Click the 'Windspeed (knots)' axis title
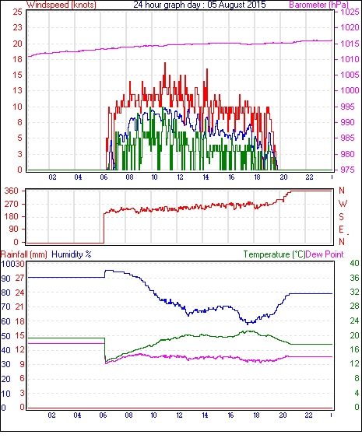tap(62, 5)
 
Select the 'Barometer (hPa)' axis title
tap(319, 5)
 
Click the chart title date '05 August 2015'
tap(237, 5)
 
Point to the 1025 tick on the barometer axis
tap(350, 12)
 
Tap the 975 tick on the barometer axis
tap(348, 170)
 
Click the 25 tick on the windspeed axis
tap(18, 12)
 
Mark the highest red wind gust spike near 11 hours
tap(165, 64)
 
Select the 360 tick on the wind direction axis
tap(12, 191)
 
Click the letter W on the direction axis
tap(343, 203)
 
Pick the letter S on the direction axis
tap(341, 216)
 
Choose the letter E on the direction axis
tap(341, 230)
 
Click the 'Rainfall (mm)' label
tap(24, 254)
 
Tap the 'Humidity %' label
tap(72, 254)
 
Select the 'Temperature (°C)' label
tap(274, 254)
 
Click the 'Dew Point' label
tap(325, 254)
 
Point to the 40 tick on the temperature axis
tap(354, 263)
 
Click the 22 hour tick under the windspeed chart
tap(309, 177)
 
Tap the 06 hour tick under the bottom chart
tap(103, 415)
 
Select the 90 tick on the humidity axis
tap(6, 279)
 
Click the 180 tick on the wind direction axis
tap(12, 216)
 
